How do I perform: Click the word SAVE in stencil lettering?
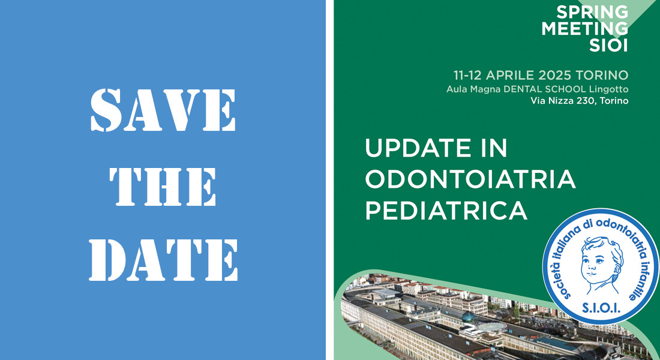(163, 110)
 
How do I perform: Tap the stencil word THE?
(163, 187)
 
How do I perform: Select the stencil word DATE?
(163, 260)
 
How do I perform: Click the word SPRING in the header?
(592, 12)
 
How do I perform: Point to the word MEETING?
(584, 29)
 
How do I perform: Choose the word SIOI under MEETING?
(608, 45)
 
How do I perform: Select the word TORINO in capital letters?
(601, 76)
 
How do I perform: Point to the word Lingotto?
(608, 89)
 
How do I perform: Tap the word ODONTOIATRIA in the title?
(470, 179)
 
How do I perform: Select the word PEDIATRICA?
(446, 210)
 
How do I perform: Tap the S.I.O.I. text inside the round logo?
(601, 308)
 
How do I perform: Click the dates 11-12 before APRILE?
(467, 76)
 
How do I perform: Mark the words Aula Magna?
(473, 89)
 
